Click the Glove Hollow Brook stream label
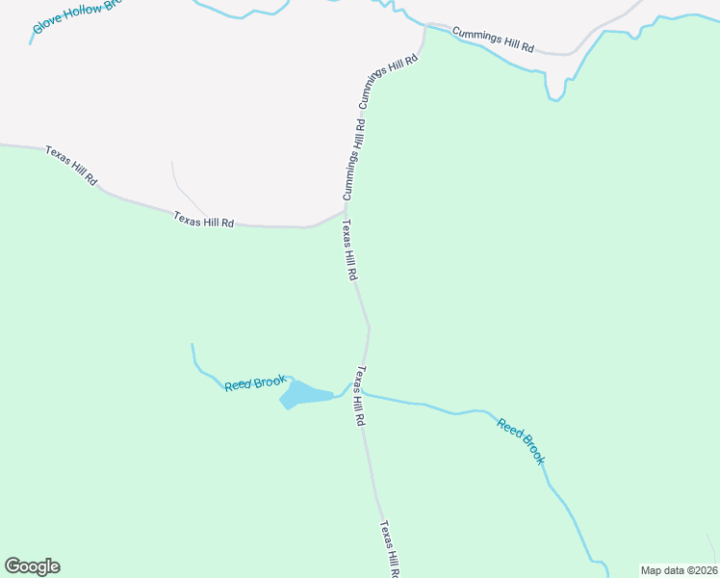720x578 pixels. (x=77, y=15)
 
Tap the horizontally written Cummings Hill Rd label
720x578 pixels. (x=493, y=39)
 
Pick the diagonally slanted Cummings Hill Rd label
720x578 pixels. (x=389, y=81)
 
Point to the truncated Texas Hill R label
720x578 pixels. (x=390, y=548)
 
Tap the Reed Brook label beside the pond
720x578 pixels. (x=255, y=383)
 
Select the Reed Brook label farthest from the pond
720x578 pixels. (x=521, y=440)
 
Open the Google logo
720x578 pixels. (x=32, y=566)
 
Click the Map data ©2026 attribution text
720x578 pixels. (x=679, y=570)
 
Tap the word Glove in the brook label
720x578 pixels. (x=47, y=24)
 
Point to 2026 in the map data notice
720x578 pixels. (x=704, y=570)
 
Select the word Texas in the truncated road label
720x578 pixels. (x=385, y=533)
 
